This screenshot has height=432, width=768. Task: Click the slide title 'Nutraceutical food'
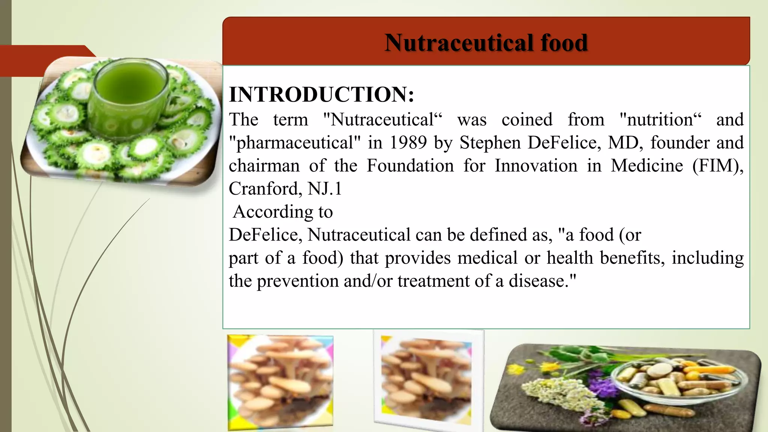pos(486,42)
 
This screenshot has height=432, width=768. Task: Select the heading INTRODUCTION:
pos(321,94)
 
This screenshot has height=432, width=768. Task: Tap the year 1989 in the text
pos(408,143)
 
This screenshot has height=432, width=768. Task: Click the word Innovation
pos(536,166)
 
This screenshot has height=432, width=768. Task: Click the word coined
pos(527,120)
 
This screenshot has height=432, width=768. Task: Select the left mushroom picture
pos(280,382)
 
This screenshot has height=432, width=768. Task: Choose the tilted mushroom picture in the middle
pos(427,381)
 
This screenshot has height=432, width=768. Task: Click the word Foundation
pos(410,166)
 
